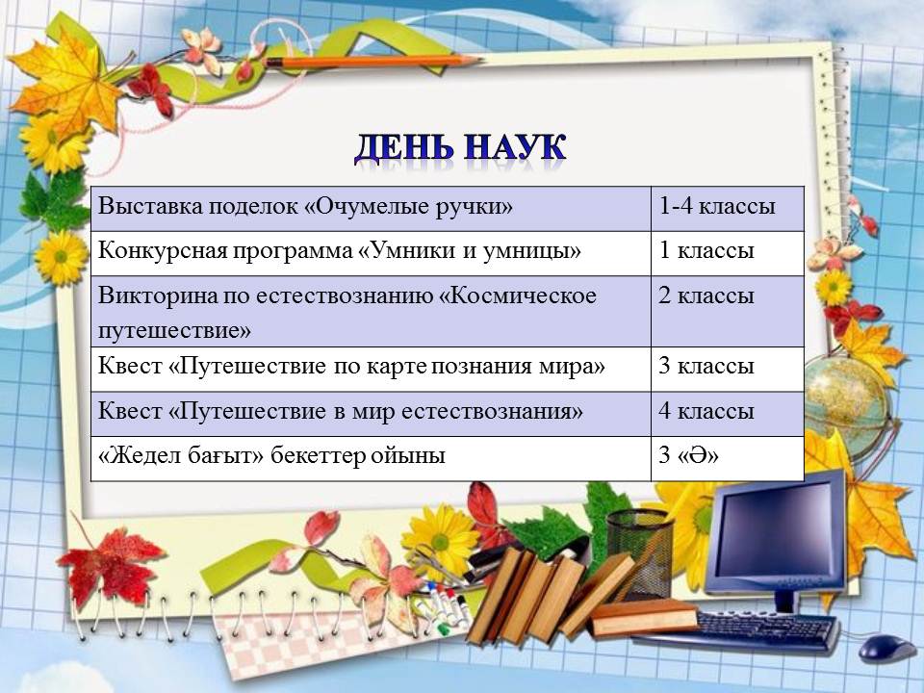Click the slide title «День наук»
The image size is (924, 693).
460,148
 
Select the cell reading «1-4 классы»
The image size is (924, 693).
728,209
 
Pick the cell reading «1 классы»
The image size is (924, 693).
728,253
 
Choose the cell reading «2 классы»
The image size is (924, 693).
728,311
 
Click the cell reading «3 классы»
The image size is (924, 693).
728,369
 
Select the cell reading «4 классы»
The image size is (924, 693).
728,414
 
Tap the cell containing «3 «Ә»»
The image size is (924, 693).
728,458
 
